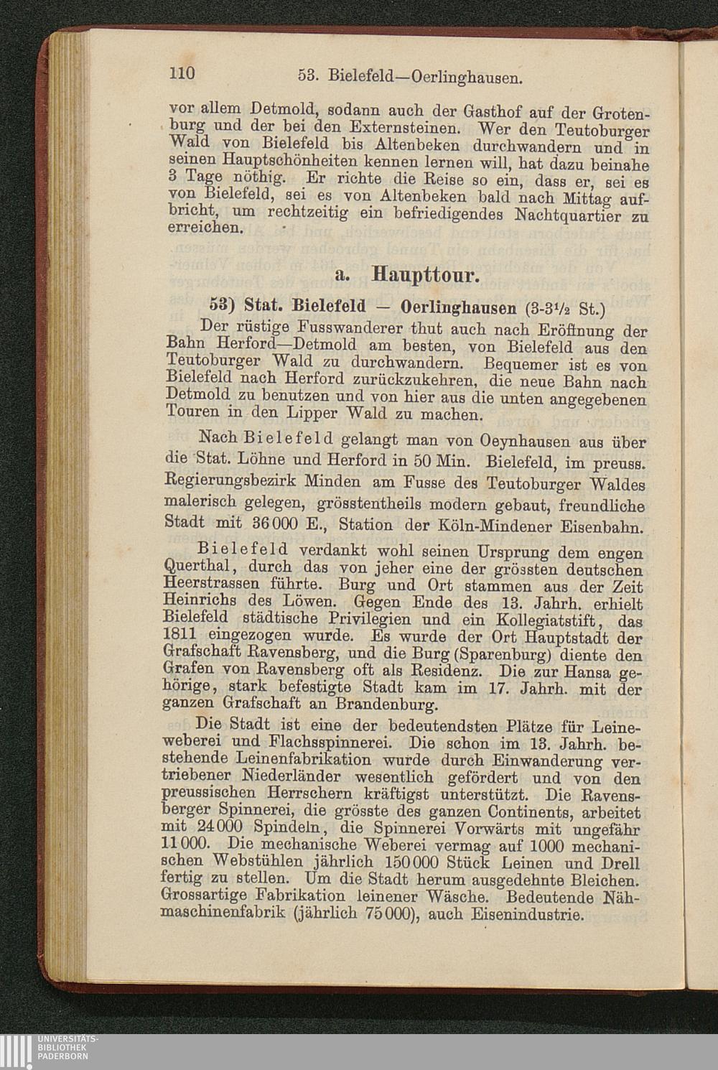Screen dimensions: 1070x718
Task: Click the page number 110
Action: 185,73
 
